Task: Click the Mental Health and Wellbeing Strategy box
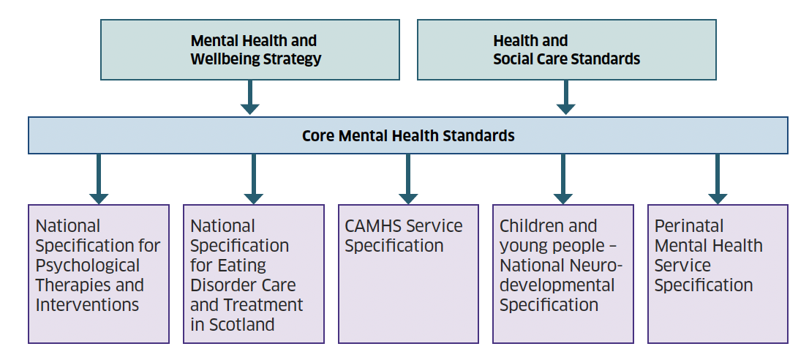tap(249, 50)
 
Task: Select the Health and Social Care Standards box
tap(566, 50)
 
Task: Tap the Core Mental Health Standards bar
tap(408, 135)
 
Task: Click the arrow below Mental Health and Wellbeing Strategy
tap(249, 97)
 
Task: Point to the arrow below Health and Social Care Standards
tap(565, 97)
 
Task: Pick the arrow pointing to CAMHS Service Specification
tap(408, 179)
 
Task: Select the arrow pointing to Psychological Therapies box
tap(99, 179)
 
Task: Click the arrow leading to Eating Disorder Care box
tap(253, 179)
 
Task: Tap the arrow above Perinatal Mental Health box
tap(717, 179)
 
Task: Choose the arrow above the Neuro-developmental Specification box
tap(563, 179)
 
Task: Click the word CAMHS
tap(373, 226)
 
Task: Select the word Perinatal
tap(689, 226)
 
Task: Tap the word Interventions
tap(87, 305)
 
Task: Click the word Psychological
tap(88, 266)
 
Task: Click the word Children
tap(531, 226)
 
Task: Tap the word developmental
tap(557, 285)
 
